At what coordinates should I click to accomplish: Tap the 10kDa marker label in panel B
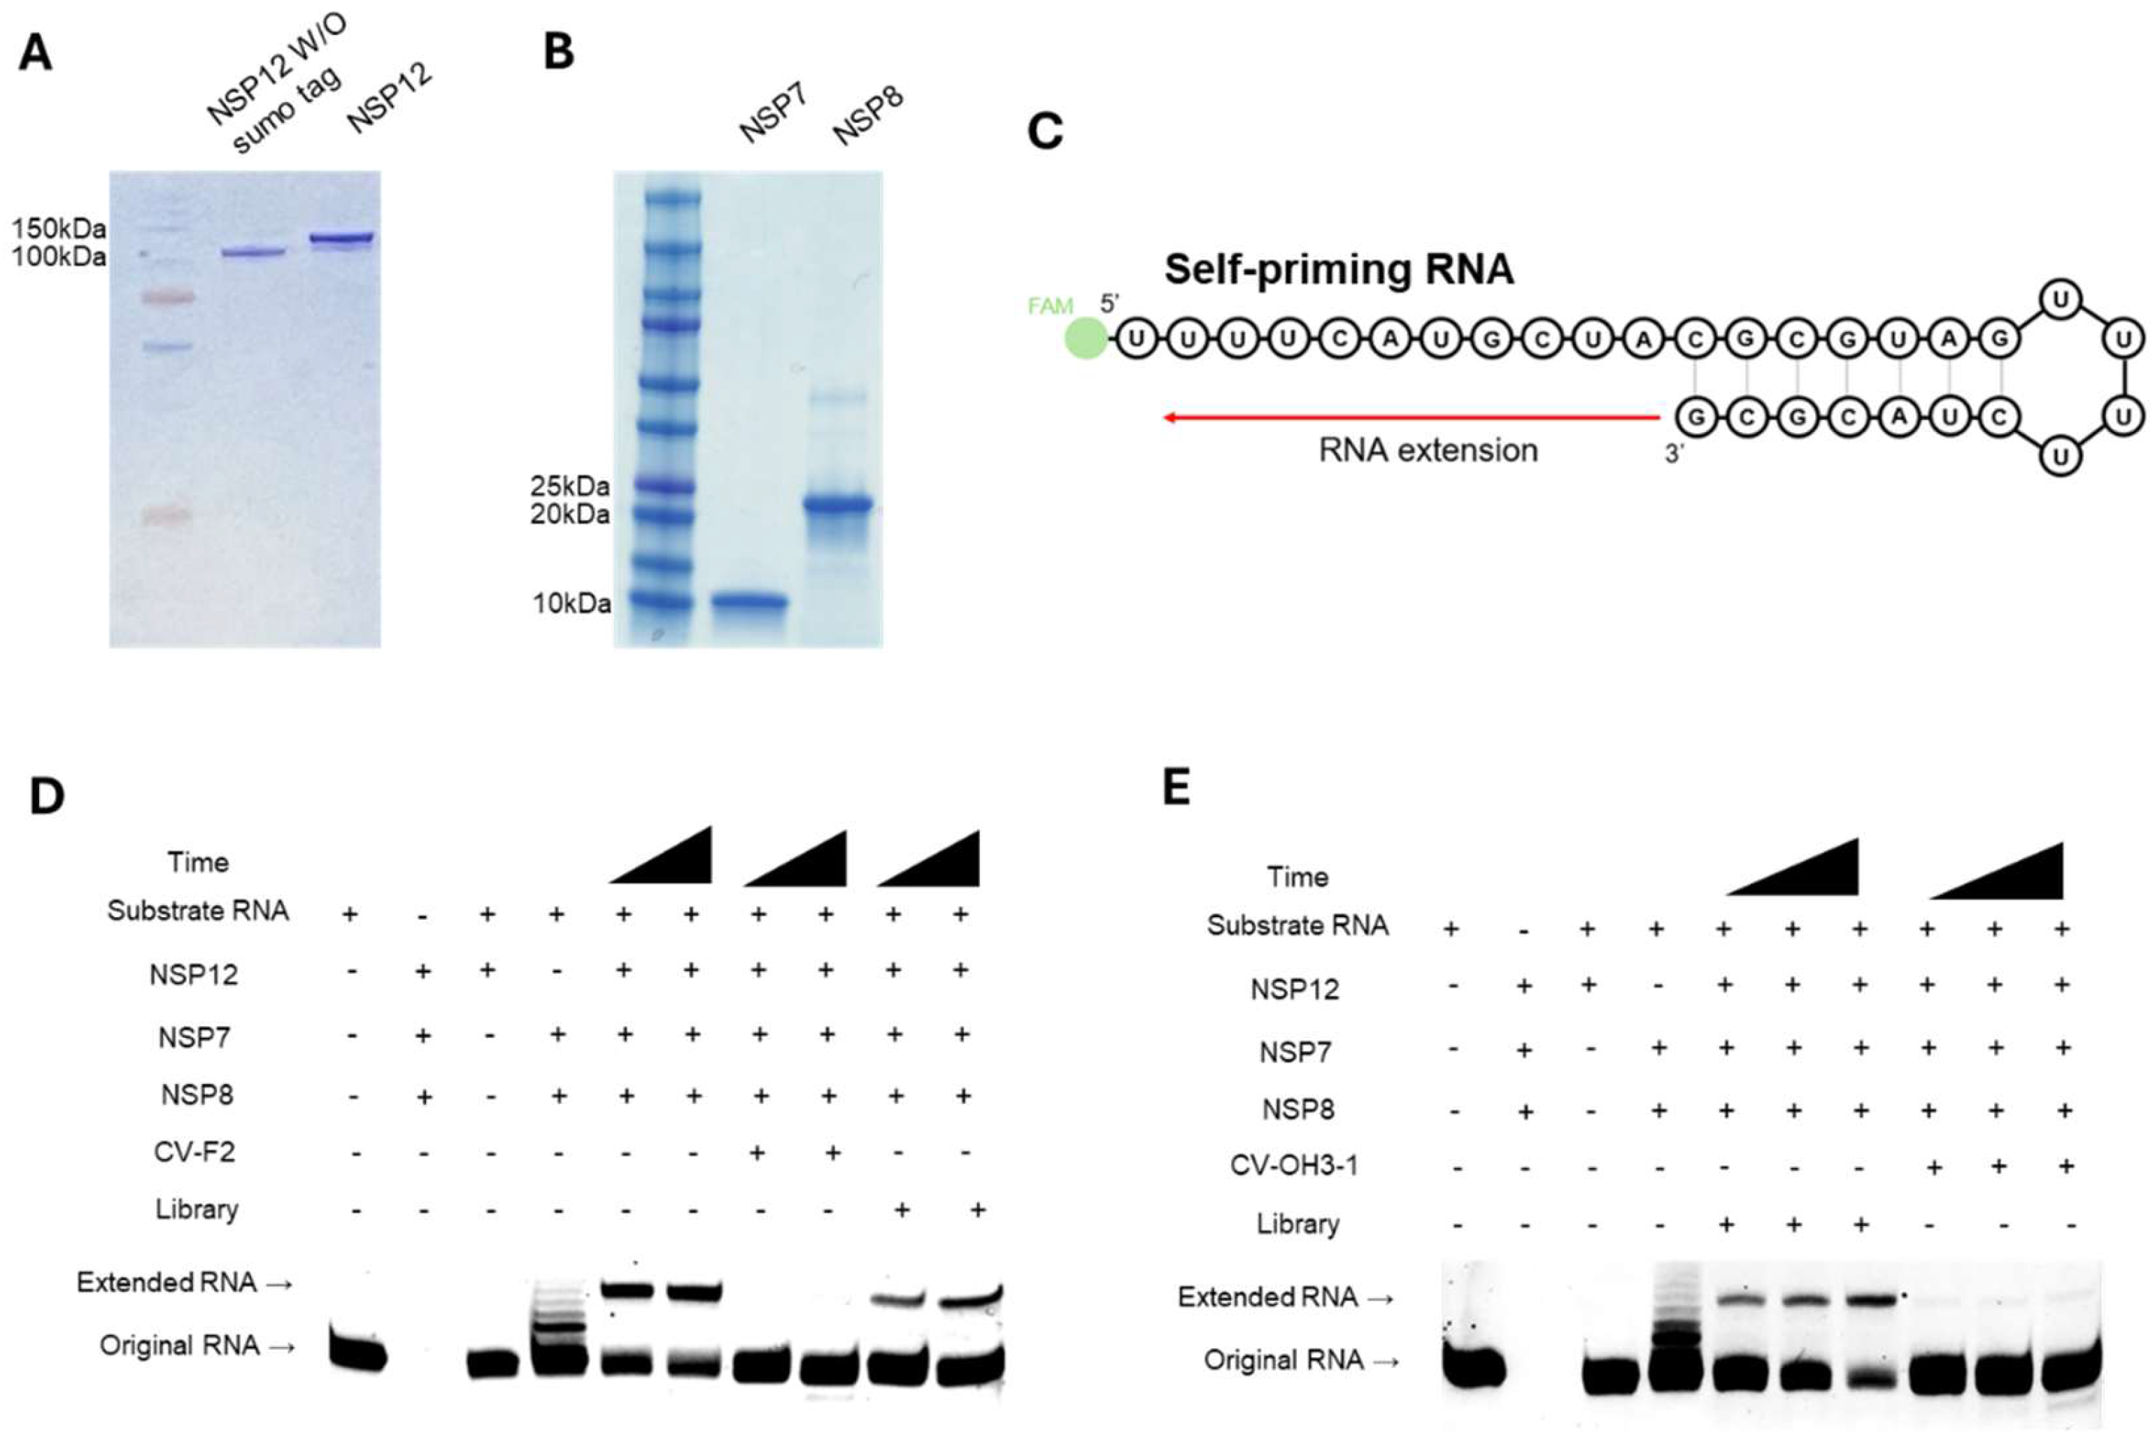[x=571, y=603]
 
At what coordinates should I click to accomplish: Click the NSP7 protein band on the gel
[x=749, y=603]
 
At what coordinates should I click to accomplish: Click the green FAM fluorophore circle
[x=1086, y=338]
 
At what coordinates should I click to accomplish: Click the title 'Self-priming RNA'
[x=1339, y=270]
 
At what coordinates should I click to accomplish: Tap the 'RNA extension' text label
[x=1428, y=451]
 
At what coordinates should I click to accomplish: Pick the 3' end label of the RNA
[x=1673, y=454]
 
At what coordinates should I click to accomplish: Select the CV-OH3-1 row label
[x=1294, y=1165]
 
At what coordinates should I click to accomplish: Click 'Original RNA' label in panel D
[x=180, y=1346]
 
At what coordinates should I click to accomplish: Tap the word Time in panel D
[x=198, y=862]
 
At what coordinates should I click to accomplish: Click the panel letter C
[x=1045, y=131]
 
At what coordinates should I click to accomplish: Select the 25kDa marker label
[x=569, y=485]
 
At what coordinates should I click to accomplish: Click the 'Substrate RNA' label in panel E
[x=1297, y=925]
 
